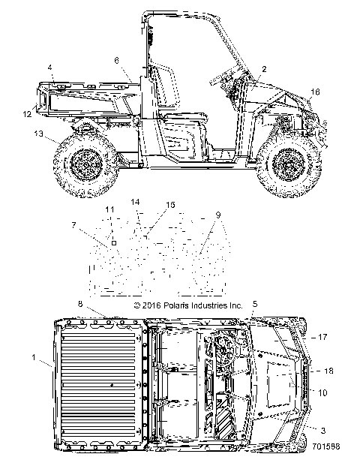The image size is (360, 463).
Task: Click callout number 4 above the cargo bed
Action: click(50, 68)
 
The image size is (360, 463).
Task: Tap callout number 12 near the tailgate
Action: click(28, 114)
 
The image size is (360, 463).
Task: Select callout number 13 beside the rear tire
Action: click(38, 134)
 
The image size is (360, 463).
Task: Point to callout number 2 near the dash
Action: click(264, 69)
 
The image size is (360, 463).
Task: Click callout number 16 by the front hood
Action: click(315, 92)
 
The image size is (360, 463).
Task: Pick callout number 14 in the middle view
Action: click(136, 202)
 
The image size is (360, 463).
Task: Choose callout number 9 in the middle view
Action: click(218, 215)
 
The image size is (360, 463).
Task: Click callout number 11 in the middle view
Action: click(109, 209)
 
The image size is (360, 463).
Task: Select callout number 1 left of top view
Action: click(34, 357)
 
